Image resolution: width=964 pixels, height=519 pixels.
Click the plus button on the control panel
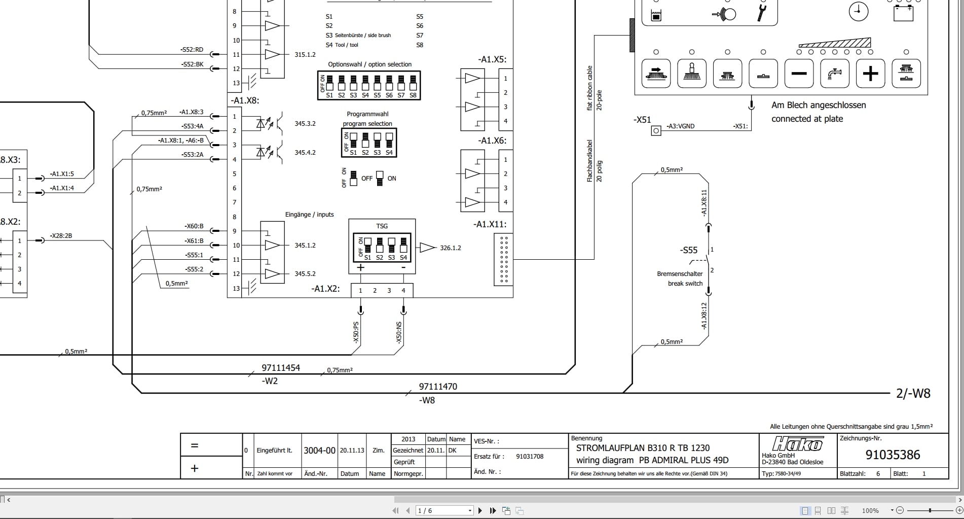(x=870, y=74)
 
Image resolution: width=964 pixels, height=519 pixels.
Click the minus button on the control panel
(x=799, y=74)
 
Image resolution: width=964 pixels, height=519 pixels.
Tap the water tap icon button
(x=834, y=74)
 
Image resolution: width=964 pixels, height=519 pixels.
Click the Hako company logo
(x=797, y=444)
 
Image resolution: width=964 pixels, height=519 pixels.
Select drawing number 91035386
(x=893, y=455)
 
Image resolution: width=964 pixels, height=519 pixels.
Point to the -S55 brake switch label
(x=688, y=250)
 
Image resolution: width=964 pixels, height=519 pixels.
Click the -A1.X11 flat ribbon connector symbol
(x=503, y=259)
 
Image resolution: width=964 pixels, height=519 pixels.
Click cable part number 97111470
(x=438, y=387)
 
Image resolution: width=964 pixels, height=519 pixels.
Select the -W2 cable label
(x=270, y=381)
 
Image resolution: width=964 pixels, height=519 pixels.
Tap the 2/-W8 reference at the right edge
(x=913, y=394)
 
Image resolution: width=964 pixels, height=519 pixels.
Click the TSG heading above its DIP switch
(x=382, y=226)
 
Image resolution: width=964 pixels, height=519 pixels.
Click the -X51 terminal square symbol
(x=656, y=131)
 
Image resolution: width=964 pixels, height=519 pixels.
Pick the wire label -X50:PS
(x=356, y=332)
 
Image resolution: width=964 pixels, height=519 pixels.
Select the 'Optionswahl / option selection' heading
(x=369, y=64)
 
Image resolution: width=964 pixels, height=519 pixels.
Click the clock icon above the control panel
(x=858, y=11)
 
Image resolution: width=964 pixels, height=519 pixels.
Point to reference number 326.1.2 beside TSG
(x=450, y=248)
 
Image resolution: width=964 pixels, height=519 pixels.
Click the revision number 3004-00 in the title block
(x=319, y=451)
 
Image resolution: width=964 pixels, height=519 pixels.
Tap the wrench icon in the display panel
(x=761, y=13)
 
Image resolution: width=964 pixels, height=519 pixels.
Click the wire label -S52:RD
(x=192, y=50)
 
